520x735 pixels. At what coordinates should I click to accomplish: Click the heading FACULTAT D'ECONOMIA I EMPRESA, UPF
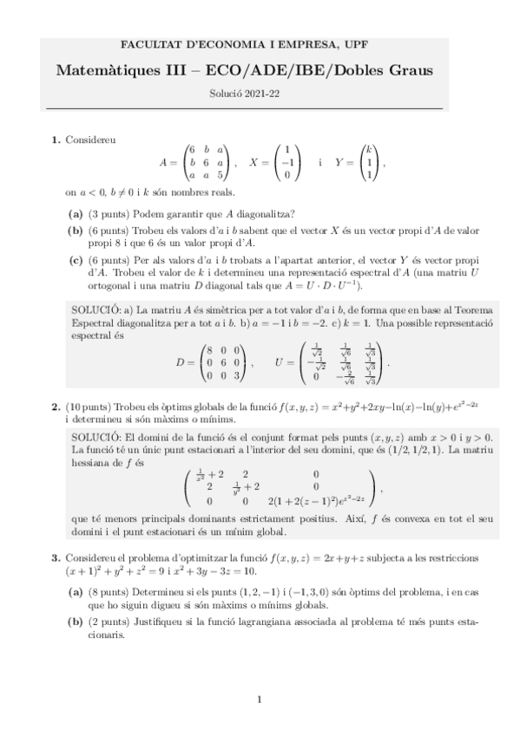point(260,42)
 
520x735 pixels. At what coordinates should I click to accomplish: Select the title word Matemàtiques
point(101,69)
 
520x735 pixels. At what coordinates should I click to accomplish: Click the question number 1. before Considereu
point(56,139)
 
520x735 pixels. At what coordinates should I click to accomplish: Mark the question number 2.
point(56,406)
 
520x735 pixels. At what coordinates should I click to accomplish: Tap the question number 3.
point(56,556)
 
